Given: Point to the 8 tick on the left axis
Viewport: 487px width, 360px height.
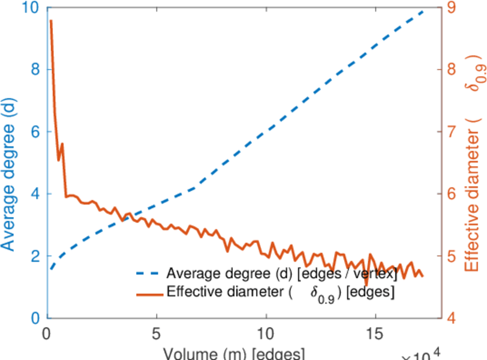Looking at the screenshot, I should click(35, 69).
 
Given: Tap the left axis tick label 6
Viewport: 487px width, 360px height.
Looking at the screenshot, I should click(35, 131).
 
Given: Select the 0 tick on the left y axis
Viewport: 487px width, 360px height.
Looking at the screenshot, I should click(35, 317).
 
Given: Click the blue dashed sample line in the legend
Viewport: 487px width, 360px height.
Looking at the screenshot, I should click(149, 274).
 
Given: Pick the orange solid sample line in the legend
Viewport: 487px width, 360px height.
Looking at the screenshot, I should click(149, 293).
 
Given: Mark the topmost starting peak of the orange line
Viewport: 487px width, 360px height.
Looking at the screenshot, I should click(51, 21).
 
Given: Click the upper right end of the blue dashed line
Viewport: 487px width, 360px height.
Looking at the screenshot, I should click(423, 10).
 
